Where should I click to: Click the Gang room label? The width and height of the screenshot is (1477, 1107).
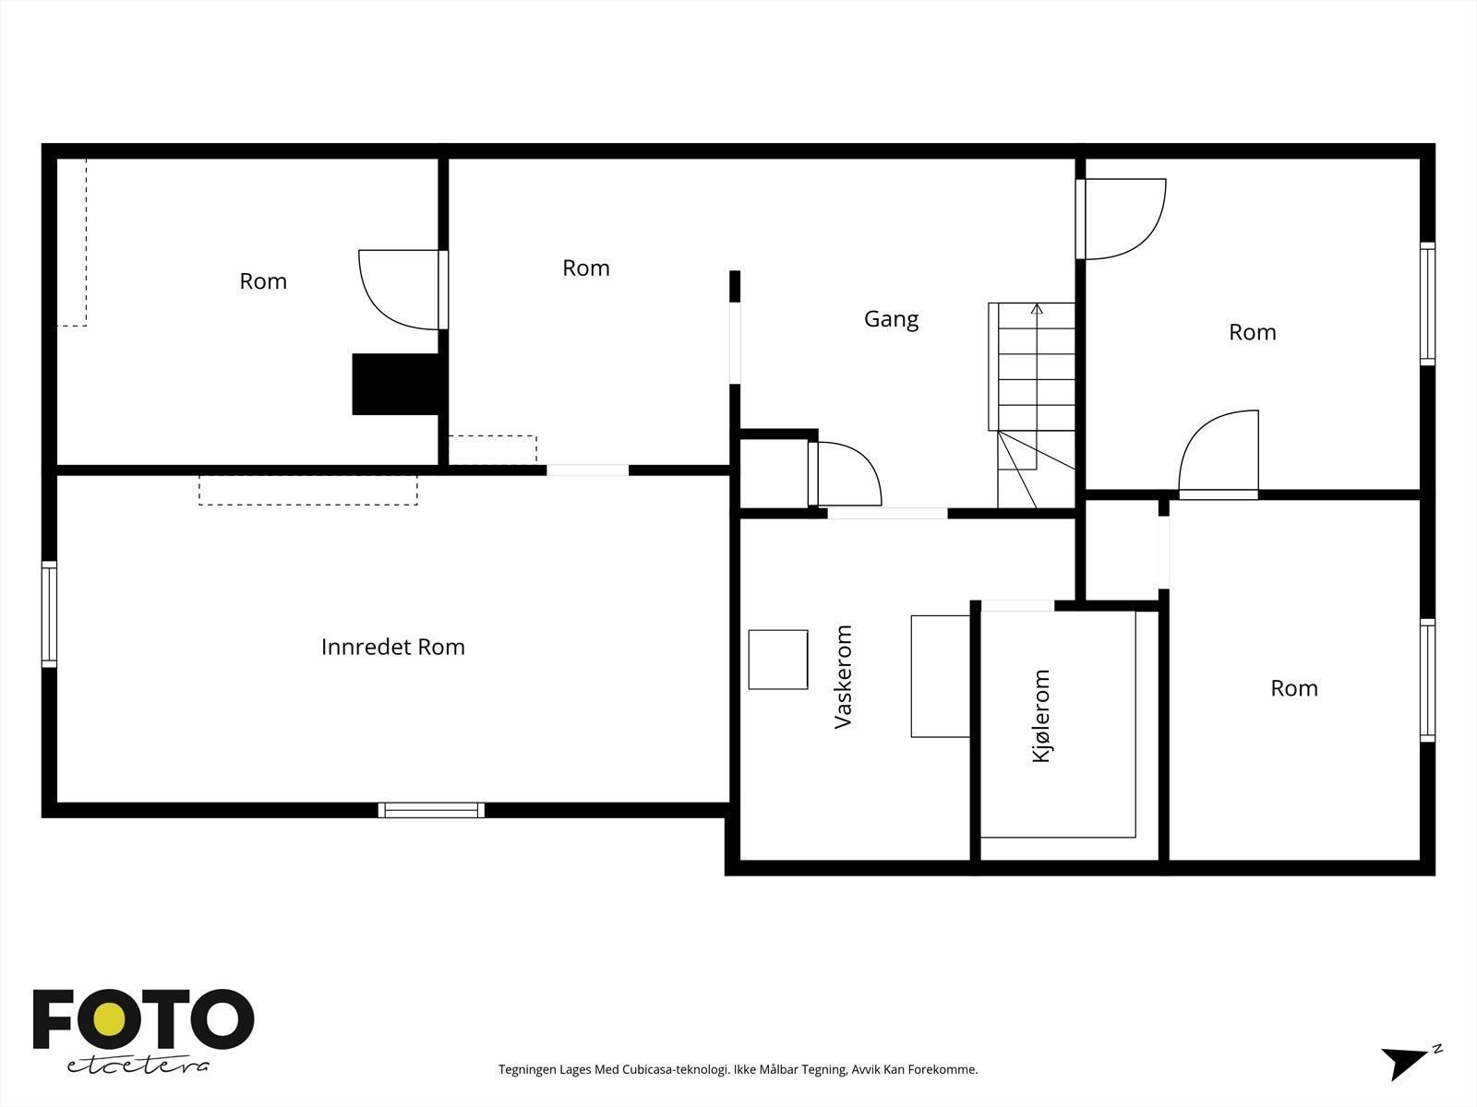(x=891, y=319)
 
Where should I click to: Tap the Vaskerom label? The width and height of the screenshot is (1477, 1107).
(x=843, y=677)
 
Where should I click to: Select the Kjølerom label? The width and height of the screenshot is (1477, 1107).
(x=1041, y=716)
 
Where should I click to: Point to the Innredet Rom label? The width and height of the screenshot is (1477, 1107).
(x=393, y=647)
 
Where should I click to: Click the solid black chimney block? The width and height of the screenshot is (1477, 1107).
(x=396, y=385)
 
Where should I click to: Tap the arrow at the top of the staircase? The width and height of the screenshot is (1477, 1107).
(x=1037, y=309)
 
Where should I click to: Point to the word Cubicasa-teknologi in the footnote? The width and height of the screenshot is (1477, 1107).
(x=676, y=1069)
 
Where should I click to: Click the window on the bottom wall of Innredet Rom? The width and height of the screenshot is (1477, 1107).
(x=431, y=810)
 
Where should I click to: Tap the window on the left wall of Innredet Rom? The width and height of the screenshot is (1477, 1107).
(x=49, y=614)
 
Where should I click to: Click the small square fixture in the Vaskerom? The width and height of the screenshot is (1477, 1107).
(x=778, y=660)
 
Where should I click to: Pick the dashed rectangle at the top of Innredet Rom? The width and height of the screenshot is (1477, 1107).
(x=307, y=490)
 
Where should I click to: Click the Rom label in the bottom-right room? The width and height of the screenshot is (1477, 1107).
(x=1294, y=688)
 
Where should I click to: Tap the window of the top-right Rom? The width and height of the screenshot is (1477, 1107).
(x=1427, y=304)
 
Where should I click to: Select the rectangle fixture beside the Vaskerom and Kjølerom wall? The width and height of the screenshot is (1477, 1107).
(x=940, y=676)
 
